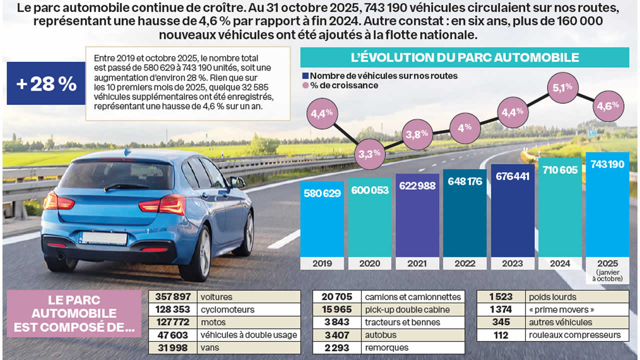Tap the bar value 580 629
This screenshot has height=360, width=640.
click(322, 193)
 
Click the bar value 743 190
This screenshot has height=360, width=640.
click(607, 164)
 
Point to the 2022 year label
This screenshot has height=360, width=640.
click(465, 263)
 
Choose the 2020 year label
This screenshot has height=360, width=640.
click(370, 263)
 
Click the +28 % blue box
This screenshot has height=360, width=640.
click(46, 83)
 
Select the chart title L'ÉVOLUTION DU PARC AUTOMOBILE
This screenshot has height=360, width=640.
click(464, 57)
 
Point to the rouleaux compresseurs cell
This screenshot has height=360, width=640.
click(577, 335)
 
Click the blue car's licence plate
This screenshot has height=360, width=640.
click(104, 238)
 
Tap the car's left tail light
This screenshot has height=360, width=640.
click(58, 201)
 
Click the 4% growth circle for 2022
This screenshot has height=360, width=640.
click(464, 127)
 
